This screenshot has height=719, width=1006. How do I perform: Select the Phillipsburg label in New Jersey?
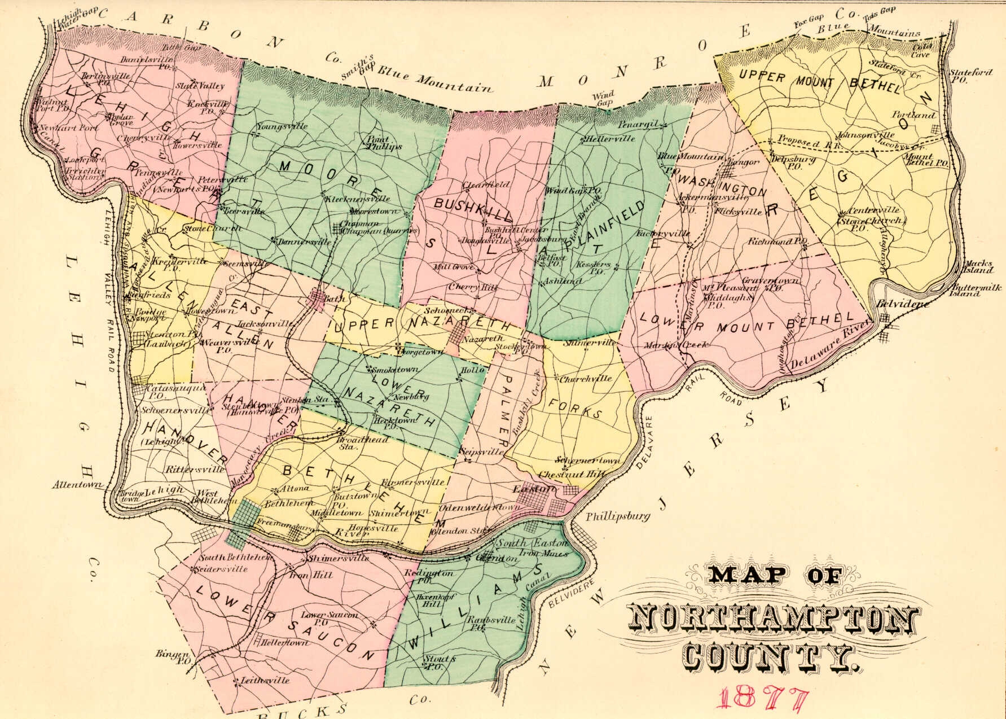tap(618, 516)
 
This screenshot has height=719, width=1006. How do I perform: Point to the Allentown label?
tap(80, 484)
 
